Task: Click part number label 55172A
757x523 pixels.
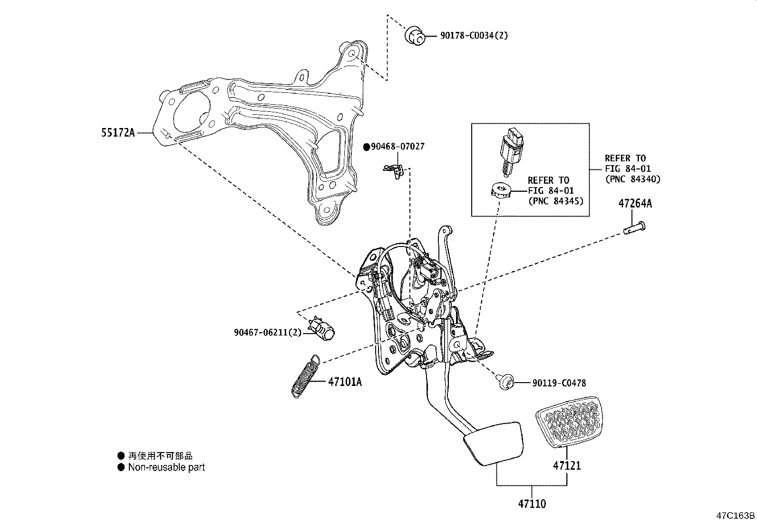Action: click(117, 133)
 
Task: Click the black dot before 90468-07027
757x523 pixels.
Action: click(367, 148)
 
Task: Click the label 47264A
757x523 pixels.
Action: click(635, 204)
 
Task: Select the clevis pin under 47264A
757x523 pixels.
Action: click(634, 228)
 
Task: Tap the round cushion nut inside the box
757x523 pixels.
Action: click(500, 192)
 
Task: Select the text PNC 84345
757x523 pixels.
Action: click(555, 201)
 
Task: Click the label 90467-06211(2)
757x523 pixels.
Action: click(268, 333)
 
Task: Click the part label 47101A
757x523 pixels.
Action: click(344, 382)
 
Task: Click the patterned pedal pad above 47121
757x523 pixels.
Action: click(567, 421)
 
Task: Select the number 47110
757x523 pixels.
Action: click(532, 503)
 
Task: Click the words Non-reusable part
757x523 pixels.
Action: click(166, 467)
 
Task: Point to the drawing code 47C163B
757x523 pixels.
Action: click(736, 515)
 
